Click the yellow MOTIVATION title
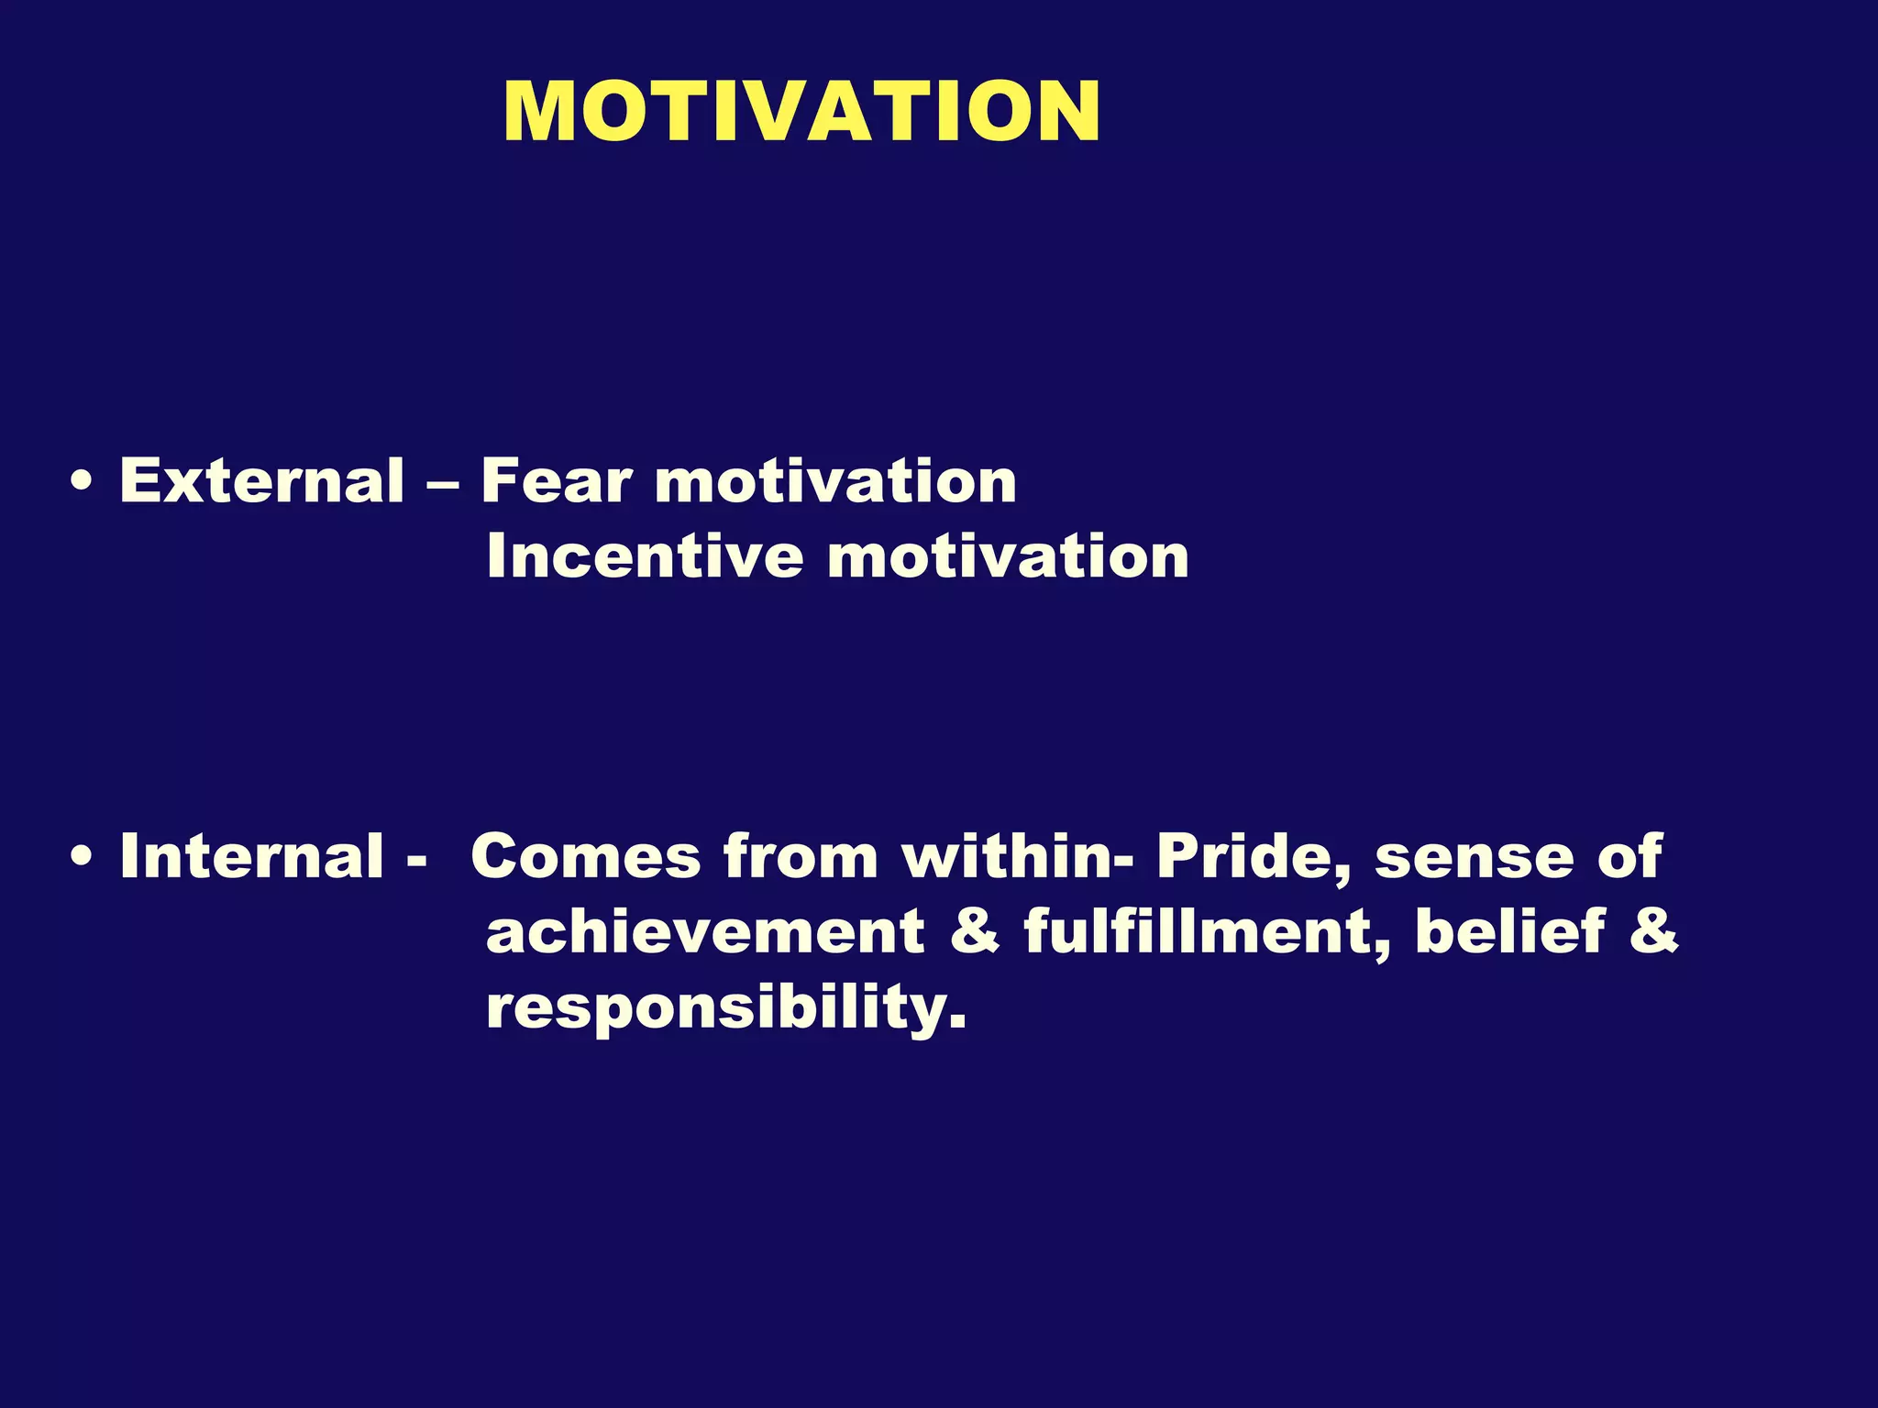(x=801, y=112)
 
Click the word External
(x=261, y=480)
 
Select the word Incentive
(x=645, y=556)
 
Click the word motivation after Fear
(x=835, y=480)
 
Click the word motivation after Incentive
(x=1008, y=556)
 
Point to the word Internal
(x=251, y=856)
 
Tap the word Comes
(x=584, y=856)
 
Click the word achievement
(x=705, y=931)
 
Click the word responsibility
(x=725, y=1008)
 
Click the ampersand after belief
(x=1653, y=931)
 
